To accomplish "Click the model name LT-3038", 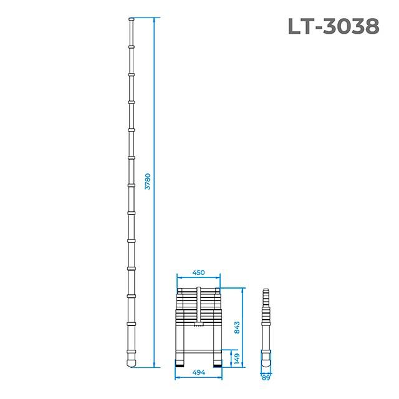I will pyautogui.click(x=333, y=26).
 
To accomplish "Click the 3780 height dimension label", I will pyautogui.click(x=147, y=181).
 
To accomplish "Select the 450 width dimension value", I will pyautogui.click(x=198, y=272).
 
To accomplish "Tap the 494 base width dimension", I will pyautogui.click(x=198, y=373).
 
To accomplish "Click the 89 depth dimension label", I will pyautogui.click(x=267, y=377).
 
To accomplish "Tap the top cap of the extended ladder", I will pyautogui.click(x=132, y=21).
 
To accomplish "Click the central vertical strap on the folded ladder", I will pyautogui.click(x=198, y=305).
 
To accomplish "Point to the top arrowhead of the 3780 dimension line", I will pyautogui.click(x=153, y=19).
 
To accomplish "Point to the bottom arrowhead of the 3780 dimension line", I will pyautogui.click(x=153, y=365).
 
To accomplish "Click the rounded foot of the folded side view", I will pyautogui.click(x=267, y=361).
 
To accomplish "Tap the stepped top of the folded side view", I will pyautogui.click(x=267, y=293).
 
